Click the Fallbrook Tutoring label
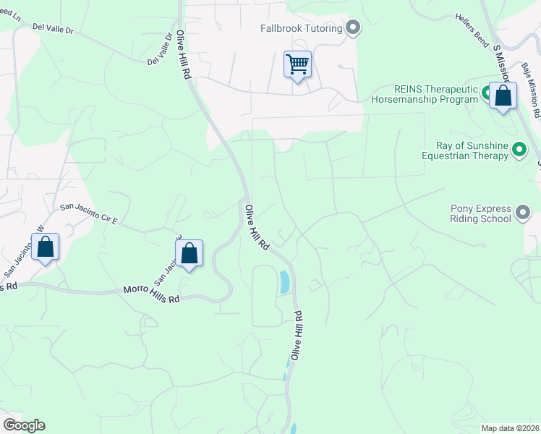[302, 29]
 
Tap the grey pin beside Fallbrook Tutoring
[353, 28]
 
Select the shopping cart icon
[298, 65]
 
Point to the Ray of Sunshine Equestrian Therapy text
[468, 150]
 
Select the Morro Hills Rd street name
[150, 294]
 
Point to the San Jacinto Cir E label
[89, 214]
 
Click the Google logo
[24, 425]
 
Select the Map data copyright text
[510, 428]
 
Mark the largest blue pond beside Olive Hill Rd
[284, 281]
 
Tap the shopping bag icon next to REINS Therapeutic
[503, 95]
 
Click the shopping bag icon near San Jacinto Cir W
[46, 248]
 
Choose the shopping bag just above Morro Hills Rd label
[189, 254]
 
